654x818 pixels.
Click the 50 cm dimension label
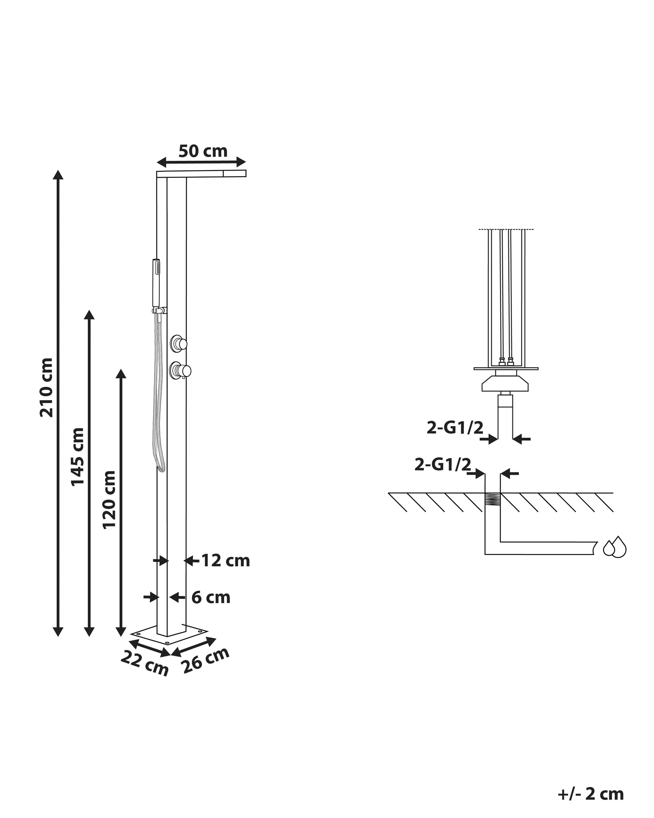click(x=203, y=151)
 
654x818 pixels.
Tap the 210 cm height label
click(x=47, y=388)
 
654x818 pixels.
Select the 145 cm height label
click(x=78, y=456)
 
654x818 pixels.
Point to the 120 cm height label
click(x=109, y=499)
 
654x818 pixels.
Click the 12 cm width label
click(x=226, y=561)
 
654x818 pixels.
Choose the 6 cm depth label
click(x=211, y=598)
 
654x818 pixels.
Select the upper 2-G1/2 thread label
click(x=455, y=428)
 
